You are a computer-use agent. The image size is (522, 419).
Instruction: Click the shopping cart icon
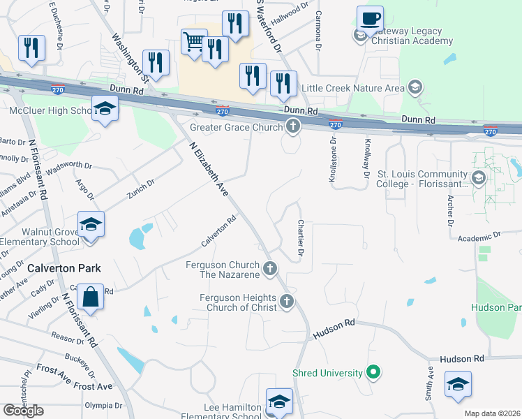click(194, 41)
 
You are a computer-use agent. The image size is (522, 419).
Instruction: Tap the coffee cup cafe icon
click(370, 18)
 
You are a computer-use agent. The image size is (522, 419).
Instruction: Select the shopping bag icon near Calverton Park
click(91, 297)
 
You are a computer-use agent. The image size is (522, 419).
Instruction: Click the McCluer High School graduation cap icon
click(105, 109)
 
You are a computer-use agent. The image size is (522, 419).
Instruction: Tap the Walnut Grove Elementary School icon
click(91, 224)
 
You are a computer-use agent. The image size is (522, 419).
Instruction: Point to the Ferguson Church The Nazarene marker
click(271, 267)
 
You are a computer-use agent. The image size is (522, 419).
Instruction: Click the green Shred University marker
click(373, 373)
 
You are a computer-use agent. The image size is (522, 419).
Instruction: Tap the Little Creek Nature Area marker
click(415, 88)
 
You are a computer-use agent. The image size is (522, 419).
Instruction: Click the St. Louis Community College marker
click(479, 179)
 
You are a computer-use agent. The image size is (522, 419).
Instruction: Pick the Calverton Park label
click(64, 268)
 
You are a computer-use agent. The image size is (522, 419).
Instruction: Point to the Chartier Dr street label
click(301, 237)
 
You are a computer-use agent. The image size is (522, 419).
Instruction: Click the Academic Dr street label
click(479, 237)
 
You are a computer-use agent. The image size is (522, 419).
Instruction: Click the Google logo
click(24, 410)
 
